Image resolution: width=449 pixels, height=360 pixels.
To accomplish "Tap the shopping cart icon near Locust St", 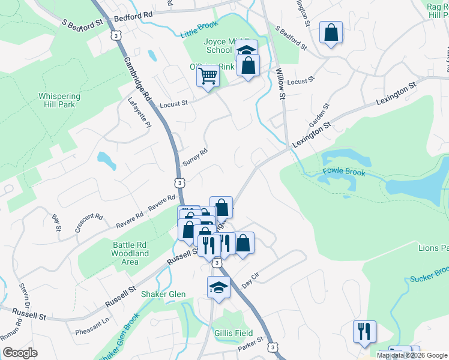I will click(x=208, y=77).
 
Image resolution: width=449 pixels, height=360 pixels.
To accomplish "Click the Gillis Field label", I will click(x=234, y=333).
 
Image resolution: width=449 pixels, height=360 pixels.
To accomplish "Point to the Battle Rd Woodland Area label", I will click(x=130, y=253).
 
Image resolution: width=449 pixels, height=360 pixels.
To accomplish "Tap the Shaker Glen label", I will click(x=163, y=294).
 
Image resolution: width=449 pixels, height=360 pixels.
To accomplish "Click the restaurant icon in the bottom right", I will click(x=364, y=332).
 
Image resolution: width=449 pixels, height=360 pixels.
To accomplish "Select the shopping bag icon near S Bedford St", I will click(x=331, y=33).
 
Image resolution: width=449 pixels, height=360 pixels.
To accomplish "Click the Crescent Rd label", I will click(x=86, y=222).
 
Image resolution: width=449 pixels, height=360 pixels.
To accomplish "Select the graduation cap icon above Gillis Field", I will click(x=218, y=287).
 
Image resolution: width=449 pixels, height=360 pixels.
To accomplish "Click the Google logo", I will click(x=20, y=353).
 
